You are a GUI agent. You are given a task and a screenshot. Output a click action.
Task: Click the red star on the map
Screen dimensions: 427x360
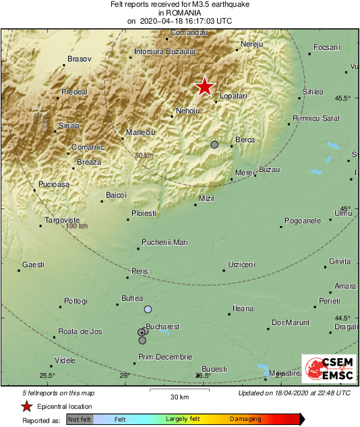click(x=204, y=86)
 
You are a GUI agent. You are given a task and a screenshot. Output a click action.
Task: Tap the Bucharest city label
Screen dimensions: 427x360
click(x=162, y=326)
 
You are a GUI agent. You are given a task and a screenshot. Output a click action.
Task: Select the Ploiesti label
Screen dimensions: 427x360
click(x=143, y=213)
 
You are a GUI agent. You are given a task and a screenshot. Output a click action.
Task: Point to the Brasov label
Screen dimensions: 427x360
click(x=79, y=59)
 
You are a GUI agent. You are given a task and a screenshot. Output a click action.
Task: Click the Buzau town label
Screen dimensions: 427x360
click(x=269, y=169)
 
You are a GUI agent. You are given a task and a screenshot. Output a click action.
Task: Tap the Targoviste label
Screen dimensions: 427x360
click(x=62, y=221)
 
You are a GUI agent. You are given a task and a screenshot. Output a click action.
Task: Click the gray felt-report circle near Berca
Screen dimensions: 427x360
click(x=214, y=144)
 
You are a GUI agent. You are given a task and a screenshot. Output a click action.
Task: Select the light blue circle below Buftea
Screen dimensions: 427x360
click(x=148, y=309)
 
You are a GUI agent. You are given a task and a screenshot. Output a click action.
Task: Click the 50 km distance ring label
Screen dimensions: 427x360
click(x=144, y=156)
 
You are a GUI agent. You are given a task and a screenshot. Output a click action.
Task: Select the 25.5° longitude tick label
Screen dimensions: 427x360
click(x=47, y=376)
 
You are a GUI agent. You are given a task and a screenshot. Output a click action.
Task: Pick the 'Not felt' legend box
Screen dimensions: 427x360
click(x=80, y=419)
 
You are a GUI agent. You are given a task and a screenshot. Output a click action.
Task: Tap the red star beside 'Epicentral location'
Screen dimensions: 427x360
click(x=26, y=406)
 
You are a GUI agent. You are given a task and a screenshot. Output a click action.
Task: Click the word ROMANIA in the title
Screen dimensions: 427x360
click(x=180, y=13)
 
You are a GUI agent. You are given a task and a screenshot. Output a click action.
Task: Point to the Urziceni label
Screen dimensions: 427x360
click(x=241, y=264)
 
